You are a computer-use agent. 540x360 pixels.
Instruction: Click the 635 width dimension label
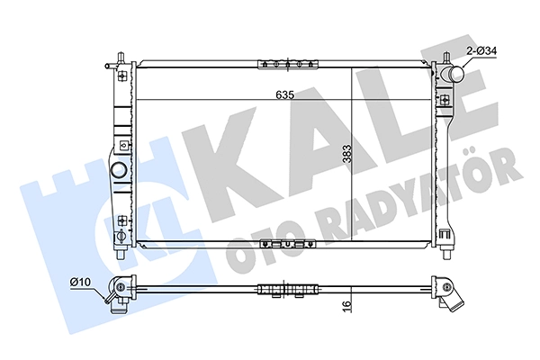click(x=285, y=94)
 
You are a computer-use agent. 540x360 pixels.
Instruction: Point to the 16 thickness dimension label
click(x=346, y=304)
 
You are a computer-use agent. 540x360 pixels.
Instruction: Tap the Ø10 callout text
click(x=80, y=282)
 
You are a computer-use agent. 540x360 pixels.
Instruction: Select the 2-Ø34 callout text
click(x=481, y=51)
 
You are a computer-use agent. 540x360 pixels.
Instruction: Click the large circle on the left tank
click(x=118, y=170)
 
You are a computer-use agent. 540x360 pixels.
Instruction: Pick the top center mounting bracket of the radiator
click(x=288, y=65)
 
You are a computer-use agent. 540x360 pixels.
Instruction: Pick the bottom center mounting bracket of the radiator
click(x=288, y=244)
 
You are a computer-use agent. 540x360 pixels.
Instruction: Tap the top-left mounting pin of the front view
click(x=121, y=58)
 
